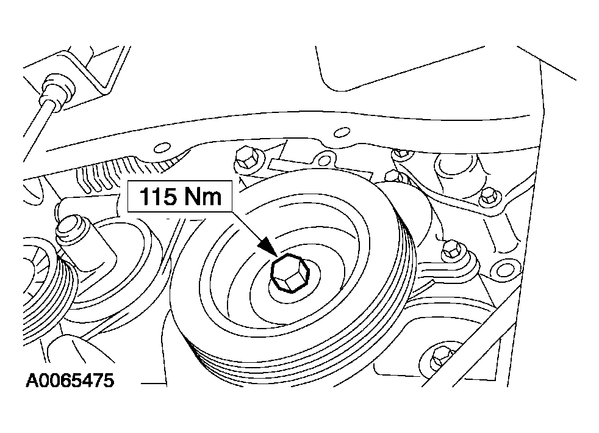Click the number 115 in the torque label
(158, 197)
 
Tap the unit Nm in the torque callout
(203, 197)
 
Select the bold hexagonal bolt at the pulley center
(289, 273)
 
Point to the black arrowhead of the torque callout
(268, 247)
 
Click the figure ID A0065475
(70, 380)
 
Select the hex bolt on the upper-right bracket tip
(488, 197)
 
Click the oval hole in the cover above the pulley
(342, 133)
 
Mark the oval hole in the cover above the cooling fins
(163, 147)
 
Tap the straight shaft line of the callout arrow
(247, 227)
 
